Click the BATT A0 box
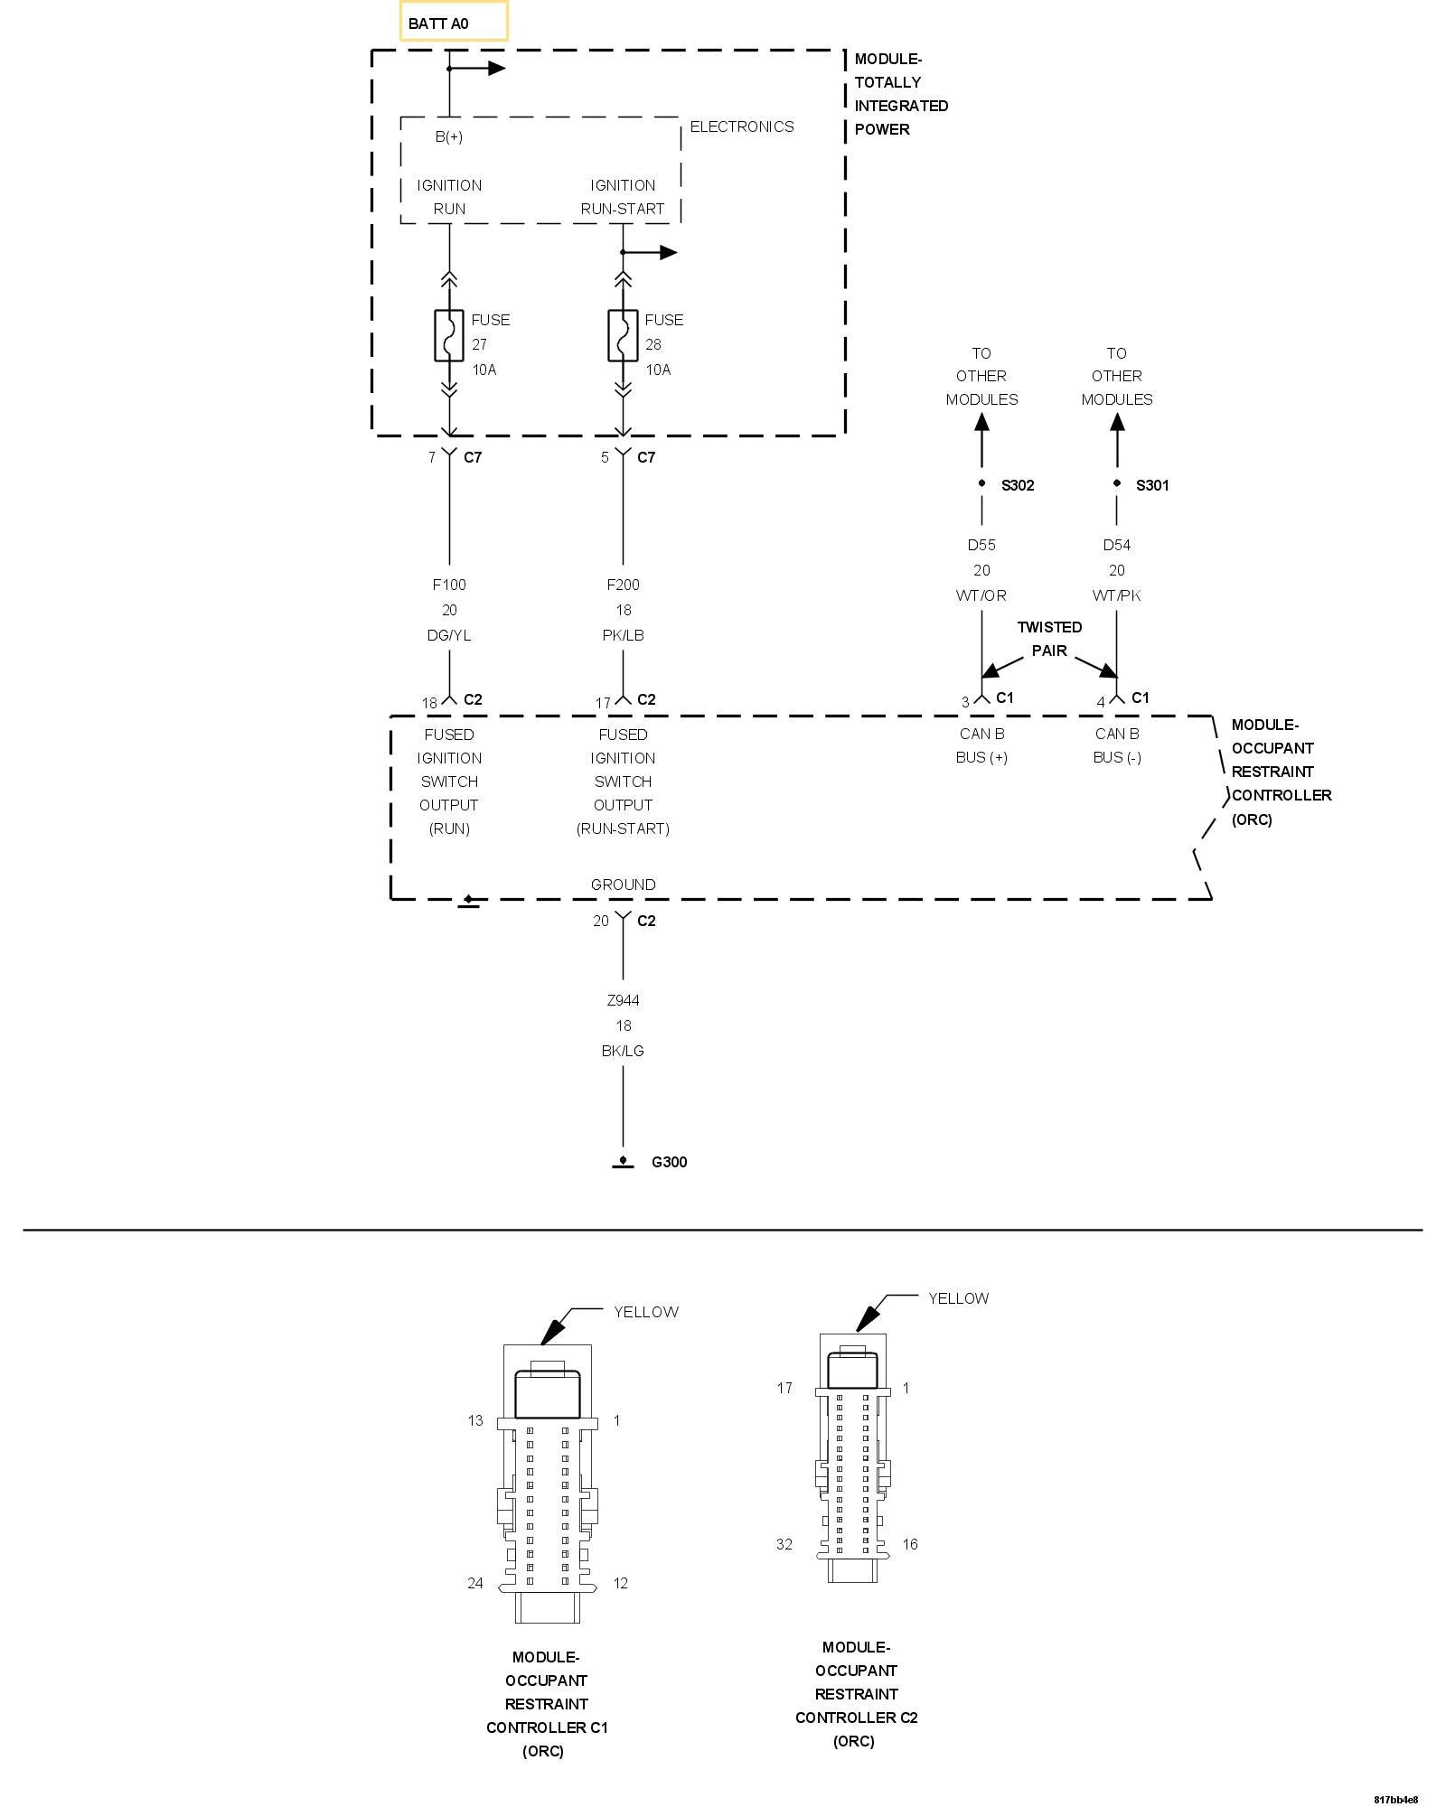pyautogui.click(x=453, y=22)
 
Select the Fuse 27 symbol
pyautogui.click(x=449, y=336)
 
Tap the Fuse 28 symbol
pyautogui.click(x=623, y=336)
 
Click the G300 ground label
pyautogui.click(x=669, y=1162)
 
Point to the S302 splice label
pyautogui.click(x=1017, y=485)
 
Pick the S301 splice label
pyautogui.click(x=1152, y=485)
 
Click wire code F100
pyautogui.click(x=449, y=585)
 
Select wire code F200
pyautogui.click(x=623, y=585)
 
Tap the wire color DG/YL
pyautogui.click(x=449, y=635)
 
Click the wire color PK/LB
pyautogui.click(x=623, y=635)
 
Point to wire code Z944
pyautogui.click(x=623, y=1000)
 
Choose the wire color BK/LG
pyautogui.click(x=623, y=1051)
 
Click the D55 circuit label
pyautogui.click(x=981, y=545)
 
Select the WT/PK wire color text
pyautogui.click(x=1117, y=595)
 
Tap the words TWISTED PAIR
pyautogui.click(x=1049, y=639)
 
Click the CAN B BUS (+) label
pyautogui.click(x=981, y=745)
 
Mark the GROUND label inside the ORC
pyautogui.click(x=623, y=885)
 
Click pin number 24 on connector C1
pyautogui.click(x=475, y=1583)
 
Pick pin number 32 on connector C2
pyautogui.click(x=784, y=1544)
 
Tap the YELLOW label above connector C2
pyautogui.click(x=958, y=1298)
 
